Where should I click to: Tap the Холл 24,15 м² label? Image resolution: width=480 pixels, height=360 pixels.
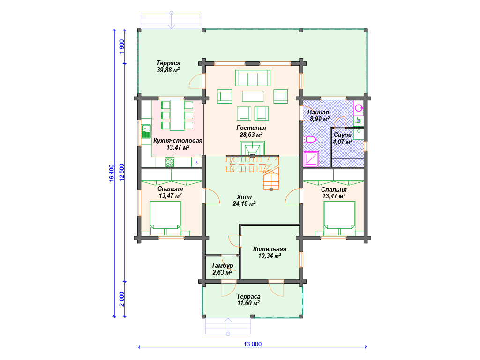point(244,200)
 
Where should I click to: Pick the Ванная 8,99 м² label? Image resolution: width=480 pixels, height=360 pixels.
point(318,115)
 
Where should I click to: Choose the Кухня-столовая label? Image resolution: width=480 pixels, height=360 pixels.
point(178,141)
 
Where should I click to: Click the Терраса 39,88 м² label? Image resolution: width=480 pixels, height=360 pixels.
point(168,67)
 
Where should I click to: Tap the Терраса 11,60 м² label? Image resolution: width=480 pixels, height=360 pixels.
point(248,300)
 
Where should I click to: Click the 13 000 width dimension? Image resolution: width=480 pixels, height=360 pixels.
point(253,344)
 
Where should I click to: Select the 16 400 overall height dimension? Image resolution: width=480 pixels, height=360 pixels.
point(112,173)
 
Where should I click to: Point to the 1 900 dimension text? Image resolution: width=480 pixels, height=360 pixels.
point(122,46)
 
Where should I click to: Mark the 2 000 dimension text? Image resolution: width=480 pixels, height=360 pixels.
point(122,299)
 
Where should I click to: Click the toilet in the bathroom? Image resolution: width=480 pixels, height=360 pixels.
point(310,140)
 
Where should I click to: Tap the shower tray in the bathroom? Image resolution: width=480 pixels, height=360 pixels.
point(311,159)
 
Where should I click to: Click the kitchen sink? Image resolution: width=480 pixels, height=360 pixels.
point(146,131)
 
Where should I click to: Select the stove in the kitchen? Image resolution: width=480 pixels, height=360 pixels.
point(170,162)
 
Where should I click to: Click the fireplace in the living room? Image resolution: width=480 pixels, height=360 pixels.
point(252,149)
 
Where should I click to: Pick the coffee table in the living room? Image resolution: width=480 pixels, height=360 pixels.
point(253,97)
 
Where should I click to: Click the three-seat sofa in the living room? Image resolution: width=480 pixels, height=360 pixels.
point(253,78)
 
